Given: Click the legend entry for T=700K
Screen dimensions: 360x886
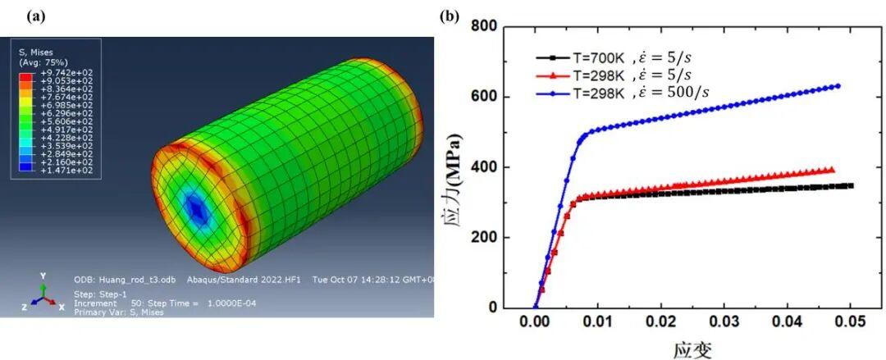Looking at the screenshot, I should [621, 57].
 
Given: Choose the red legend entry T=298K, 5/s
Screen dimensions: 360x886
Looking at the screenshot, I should [621, 75].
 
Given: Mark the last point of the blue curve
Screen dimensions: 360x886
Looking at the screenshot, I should [838, 85].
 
